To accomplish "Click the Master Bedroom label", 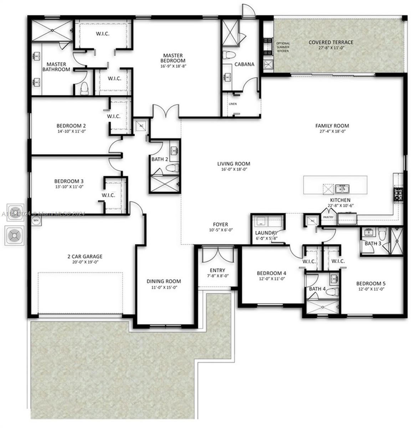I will [173, 58].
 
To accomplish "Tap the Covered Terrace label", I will [331, 42].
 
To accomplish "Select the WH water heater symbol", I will [36, 221].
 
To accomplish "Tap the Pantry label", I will [328, 217].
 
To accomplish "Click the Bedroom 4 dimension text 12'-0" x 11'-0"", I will [271, 279].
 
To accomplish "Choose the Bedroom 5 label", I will [371, 284].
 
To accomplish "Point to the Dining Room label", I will [164, 281].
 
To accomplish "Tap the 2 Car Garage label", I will [85, 256].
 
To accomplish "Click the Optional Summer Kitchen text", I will [283, 47].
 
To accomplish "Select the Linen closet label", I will [232, 104].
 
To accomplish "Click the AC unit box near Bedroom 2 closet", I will [140, 126].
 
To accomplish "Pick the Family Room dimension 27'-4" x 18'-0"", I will [332, 131].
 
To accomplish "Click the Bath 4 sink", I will [334, 278].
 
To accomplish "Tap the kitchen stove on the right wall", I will [398, 194].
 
